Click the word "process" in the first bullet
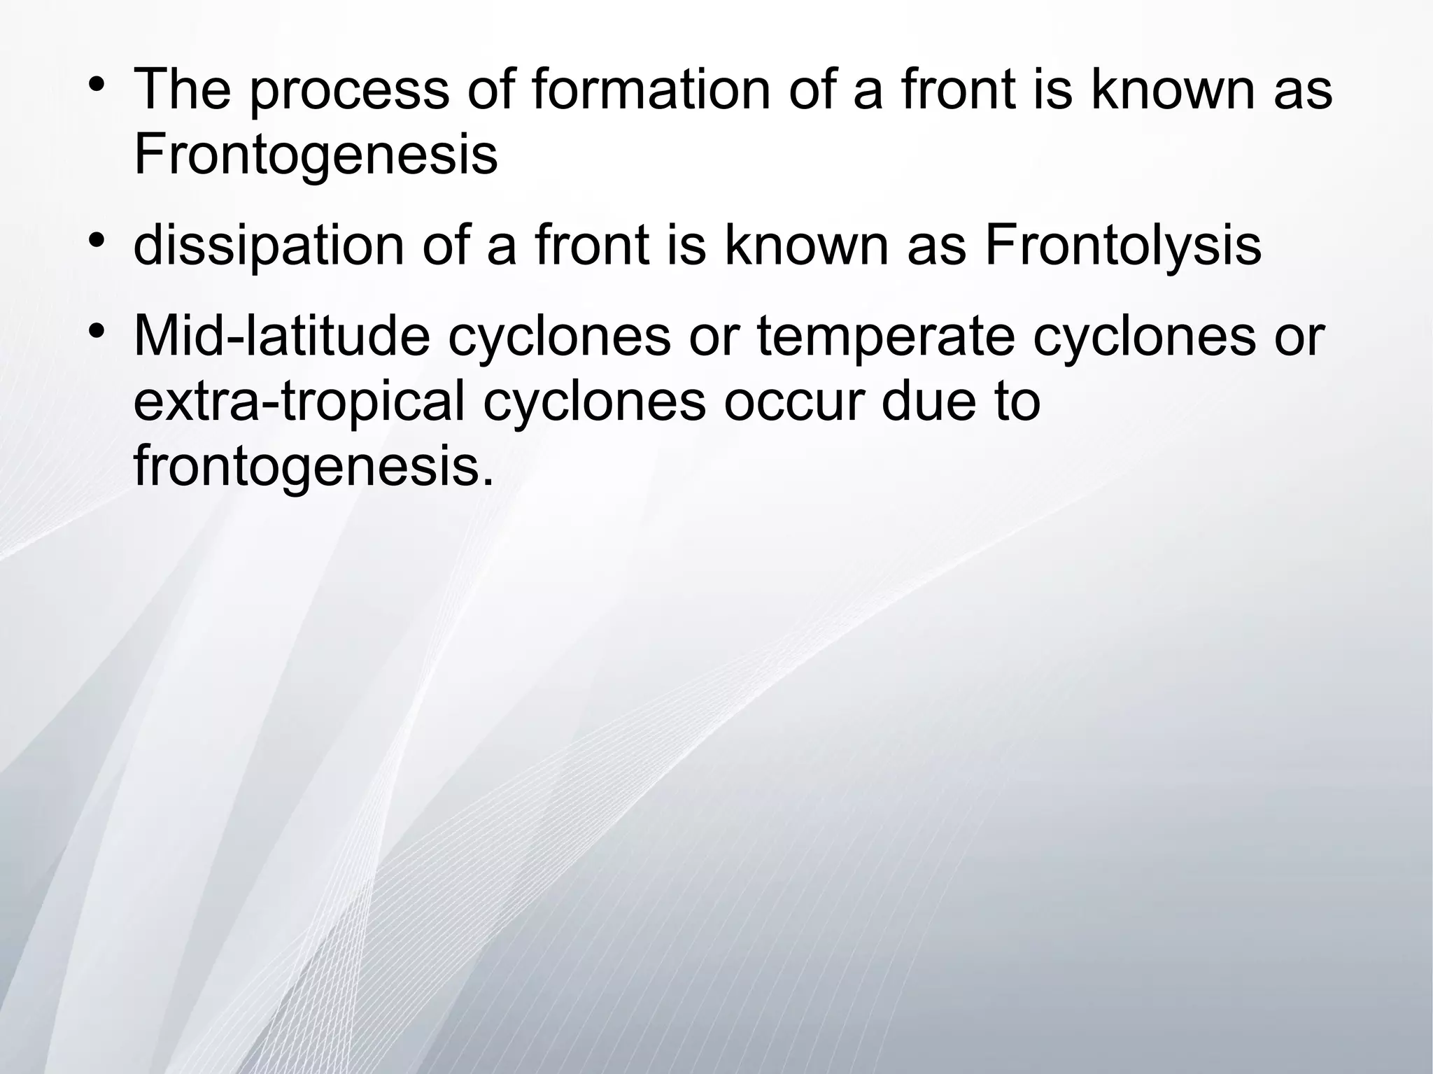(x=349, y=91)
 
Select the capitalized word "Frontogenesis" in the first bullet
(x=315, y=155)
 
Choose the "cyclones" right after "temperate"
(x=1144, y=337)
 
